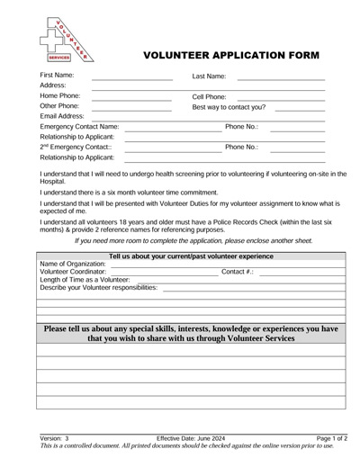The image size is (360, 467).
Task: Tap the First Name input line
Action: pyautogui.click(x=131, y=79)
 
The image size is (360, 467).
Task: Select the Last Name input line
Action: pyautogui.click(x=280, y=79)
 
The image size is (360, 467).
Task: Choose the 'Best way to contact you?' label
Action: pyautogui.click(x=229, y=107)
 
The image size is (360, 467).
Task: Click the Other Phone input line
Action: pyautogui.click(x=131, y=110)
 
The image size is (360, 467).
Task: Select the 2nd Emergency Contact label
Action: pyautogui.click(x=76, y=147)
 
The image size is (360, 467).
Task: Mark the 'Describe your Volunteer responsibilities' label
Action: pyautogui.click(x=99, y=287)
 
